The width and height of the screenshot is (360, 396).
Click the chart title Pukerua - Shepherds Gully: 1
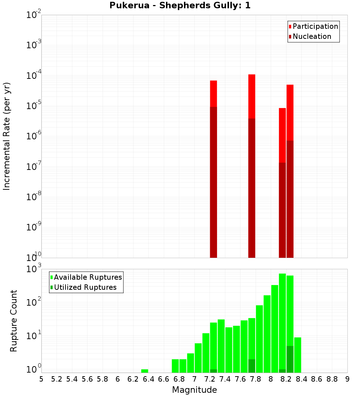click(180, 5)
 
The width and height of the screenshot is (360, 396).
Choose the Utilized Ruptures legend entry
click(85, 287)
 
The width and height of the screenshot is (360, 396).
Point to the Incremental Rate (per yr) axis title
click(7, 136)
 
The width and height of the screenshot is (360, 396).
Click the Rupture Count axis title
click(14, 321)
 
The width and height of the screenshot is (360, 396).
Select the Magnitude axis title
click(194, 390)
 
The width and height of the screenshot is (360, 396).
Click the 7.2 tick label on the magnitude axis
click(210, 379)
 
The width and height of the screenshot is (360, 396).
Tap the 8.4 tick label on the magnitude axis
click(301, 379)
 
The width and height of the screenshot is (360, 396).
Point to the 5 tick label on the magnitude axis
click(41, 379)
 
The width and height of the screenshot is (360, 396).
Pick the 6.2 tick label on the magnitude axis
click(133, 379)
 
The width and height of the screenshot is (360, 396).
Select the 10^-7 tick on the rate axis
click(34, 167)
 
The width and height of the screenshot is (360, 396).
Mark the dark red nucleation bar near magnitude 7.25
click(213, 180)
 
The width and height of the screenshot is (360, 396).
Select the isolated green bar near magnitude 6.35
click(145, 371)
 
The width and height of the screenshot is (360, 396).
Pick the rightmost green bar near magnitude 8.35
click(298, 355)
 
